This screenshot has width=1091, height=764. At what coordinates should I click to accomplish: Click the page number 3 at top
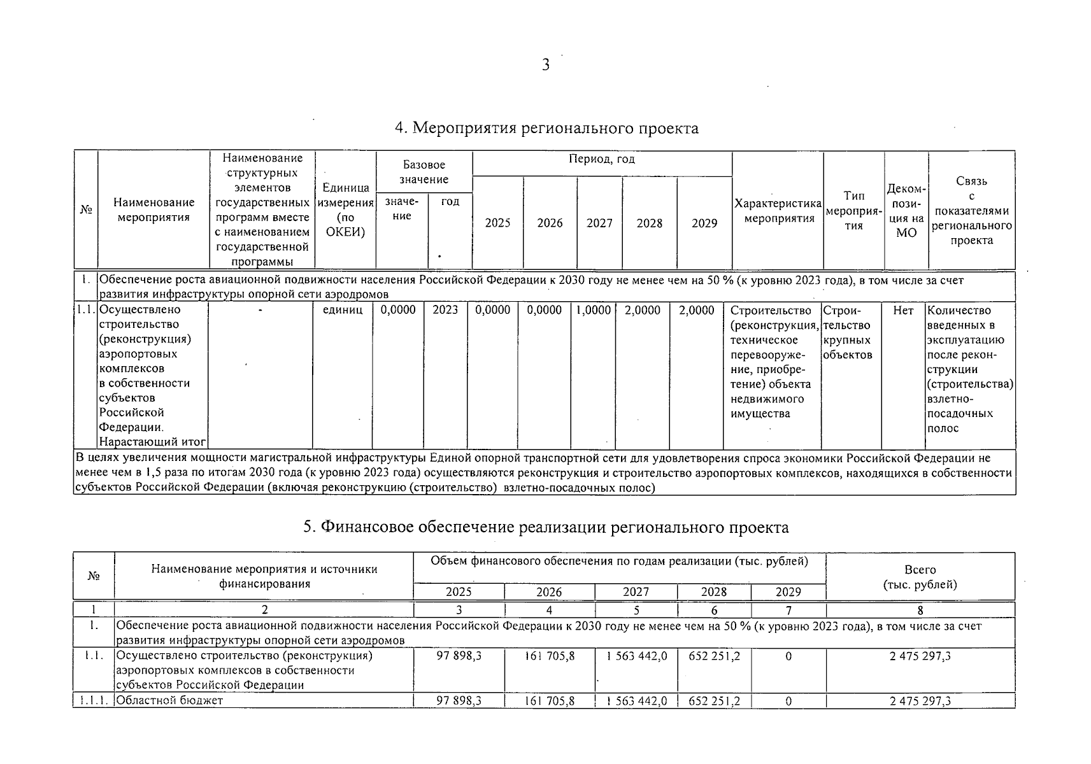point(545,65)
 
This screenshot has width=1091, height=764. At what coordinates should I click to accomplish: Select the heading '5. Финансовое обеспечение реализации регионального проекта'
point(545,527)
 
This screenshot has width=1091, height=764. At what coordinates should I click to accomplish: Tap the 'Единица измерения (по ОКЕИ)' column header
point(345,209)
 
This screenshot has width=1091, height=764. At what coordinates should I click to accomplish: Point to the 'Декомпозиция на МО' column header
point(906,211)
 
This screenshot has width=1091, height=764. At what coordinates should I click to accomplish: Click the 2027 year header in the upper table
point(599,223)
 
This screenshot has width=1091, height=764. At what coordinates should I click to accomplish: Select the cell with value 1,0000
point(594,310)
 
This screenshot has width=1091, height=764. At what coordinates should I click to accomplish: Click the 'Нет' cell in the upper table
point(903,310)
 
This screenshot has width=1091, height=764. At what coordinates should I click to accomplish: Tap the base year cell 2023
point(445,310)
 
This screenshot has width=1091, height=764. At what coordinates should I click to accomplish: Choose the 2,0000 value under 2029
point(696,310)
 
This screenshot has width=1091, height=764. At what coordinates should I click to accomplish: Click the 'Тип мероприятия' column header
point(853,211)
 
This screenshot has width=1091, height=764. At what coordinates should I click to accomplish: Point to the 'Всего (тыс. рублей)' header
point(920,577)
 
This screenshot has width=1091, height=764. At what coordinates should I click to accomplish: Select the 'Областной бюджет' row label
point(169,700)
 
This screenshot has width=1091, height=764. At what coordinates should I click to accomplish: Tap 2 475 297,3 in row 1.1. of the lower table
point(920,656)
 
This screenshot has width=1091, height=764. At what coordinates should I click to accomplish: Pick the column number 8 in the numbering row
point(920,610)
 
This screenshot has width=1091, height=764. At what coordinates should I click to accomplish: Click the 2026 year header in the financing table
point(549,592)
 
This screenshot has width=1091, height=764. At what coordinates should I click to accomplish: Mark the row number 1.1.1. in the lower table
point(94,700)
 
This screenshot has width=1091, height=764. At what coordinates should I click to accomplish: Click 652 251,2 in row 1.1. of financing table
point(714,656)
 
